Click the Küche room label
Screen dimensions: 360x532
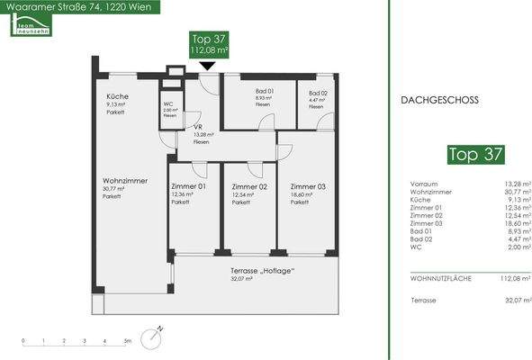point(117,96)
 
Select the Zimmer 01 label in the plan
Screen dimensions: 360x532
point(188,186)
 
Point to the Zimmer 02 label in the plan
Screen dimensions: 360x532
point(249,186)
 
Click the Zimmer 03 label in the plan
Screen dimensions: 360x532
point(308,186)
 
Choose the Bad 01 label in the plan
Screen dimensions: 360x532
point(239,92)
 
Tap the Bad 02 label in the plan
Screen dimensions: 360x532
point(317,92)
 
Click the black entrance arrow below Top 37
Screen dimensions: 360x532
point(208,65)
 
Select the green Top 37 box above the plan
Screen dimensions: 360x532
point(208,44)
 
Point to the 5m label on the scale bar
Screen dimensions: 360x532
point(128,342)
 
